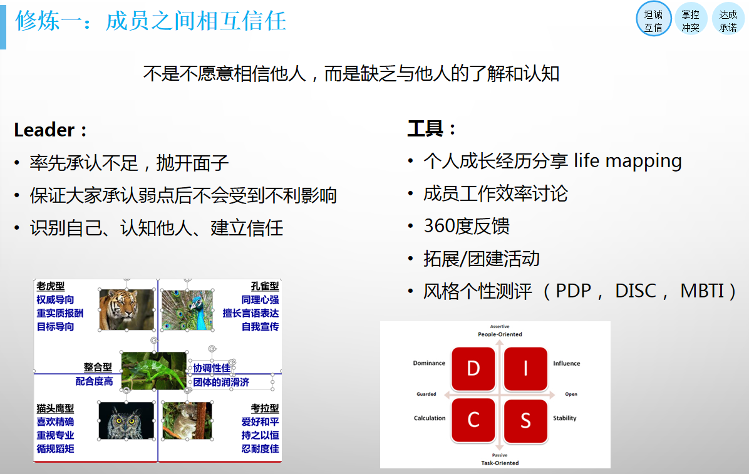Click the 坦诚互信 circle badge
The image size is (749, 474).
(x=653, y=20)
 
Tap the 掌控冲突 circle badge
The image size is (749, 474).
(x=691, y=20)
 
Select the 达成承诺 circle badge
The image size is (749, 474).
(x=728, y=20)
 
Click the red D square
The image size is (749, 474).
(x=473, y=368)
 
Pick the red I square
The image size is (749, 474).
(x=525, y=368)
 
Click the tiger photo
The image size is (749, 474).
(x=127, y=309)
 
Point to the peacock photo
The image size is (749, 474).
(x=187, y=309)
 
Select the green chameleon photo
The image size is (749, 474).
(x=154, y=371)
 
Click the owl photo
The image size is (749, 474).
(x=127, y=421)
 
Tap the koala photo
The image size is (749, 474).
(x=187, y=421)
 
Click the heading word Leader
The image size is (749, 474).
(x=44, y=130)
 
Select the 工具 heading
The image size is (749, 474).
(x=425, y=128)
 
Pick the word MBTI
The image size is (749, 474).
(x=702, y=291)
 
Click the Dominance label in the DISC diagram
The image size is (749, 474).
(x=429, y=363)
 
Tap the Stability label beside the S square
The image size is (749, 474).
(x=564, y=418)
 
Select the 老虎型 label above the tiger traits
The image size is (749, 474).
(x=51, y=286)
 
